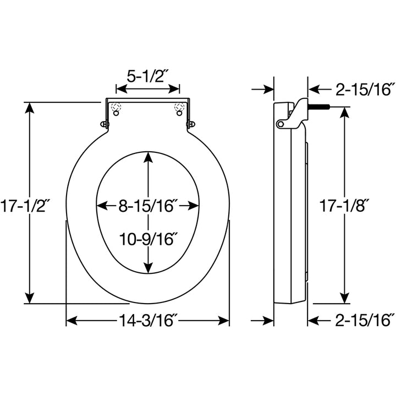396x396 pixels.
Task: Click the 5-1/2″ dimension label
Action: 147,76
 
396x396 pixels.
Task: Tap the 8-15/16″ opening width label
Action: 148,206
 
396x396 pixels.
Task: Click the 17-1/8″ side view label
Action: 344,206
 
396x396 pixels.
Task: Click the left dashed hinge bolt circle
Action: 116,107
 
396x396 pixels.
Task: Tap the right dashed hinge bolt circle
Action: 178,107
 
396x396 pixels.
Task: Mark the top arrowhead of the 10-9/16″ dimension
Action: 148,157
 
